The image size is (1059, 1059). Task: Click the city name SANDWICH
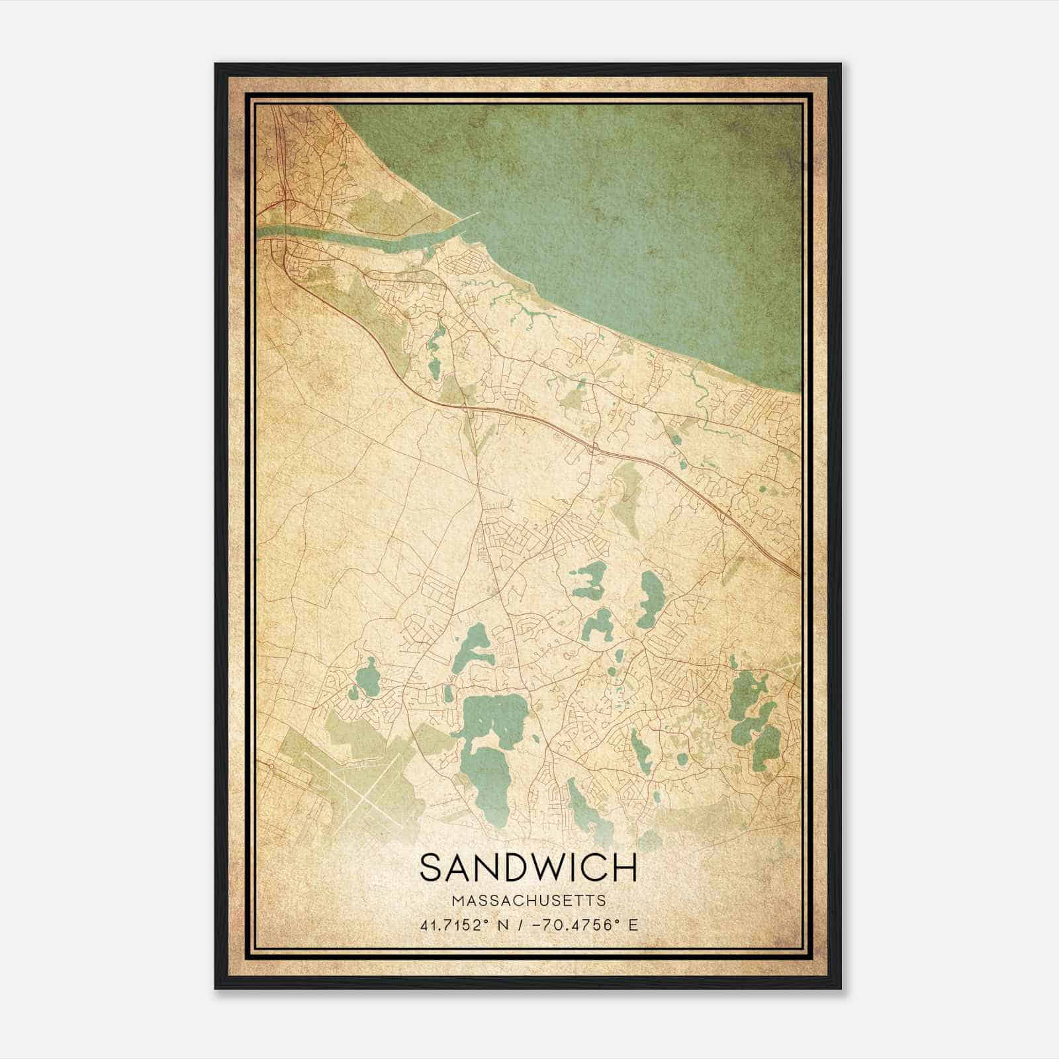pyautogui.click(x=528, y=868)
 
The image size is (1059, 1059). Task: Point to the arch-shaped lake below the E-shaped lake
pyautogui.click(x=597, y=625)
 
